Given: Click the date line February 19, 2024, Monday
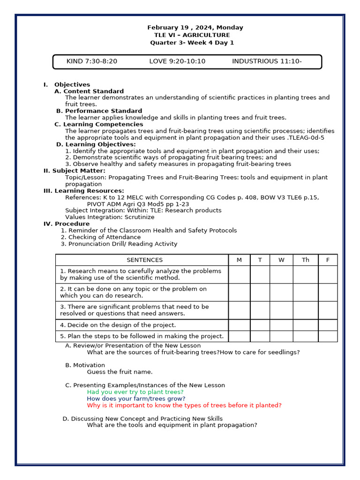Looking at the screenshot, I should (195, 28).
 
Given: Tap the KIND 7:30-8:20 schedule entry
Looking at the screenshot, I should (91, 61).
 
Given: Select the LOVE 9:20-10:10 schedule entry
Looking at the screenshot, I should (177, 61).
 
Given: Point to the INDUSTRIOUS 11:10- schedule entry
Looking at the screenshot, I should (267, 61).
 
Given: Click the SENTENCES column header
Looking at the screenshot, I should (144, 260).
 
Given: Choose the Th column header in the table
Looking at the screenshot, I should (306, 260).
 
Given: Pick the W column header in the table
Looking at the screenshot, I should (281, 260).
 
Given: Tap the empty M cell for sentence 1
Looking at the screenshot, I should (239, 275).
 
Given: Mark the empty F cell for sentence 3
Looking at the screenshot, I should (328, 310).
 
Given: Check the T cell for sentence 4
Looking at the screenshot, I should (260, 325).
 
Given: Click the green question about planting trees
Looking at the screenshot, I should (135, 392).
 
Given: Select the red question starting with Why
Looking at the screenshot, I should (184, 405).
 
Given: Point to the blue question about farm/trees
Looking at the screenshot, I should (136, 399).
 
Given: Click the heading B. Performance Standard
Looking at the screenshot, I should (99, 111).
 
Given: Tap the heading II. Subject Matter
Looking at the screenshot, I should (75, 171).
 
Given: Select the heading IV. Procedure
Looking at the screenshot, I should (67, 224).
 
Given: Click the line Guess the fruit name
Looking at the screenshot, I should (120, 372).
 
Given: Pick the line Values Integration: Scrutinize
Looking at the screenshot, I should (110, 217).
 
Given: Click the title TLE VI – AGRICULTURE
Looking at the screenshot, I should (192, 35).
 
